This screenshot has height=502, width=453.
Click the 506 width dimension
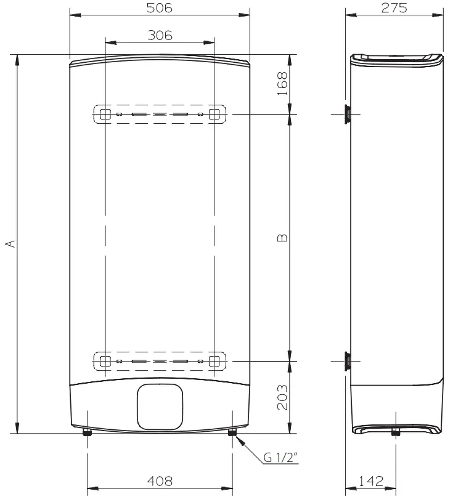coord(160,8)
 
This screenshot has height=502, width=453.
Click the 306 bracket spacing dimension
coord(160,35)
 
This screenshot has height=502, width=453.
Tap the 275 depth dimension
coord(394,8)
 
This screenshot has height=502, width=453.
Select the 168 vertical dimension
coord(282,84)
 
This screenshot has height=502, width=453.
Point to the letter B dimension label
coord(282,238)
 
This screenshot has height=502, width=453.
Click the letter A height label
coord(10,244)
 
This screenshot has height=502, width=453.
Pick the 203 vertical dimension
coord(282,397)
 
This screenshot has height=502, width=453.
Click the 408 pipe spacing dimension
coord(160,481)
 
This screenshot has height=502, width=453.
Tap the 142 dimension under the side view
coord(370,481)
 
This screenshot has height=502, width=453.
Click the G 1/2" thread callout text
coord(280,458)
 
